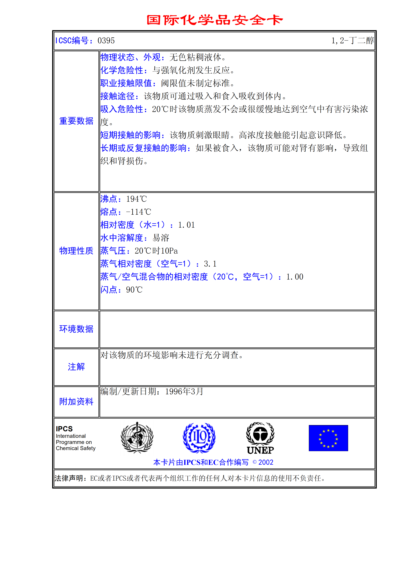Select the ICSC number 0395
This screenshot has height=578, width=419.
[106, 41]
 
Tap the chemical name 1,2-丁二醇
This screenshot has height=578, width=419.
[352, 41]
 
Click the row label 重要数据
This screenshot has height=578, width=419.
[76, 121]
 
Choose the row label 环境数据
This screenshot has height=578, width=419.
[76, 329]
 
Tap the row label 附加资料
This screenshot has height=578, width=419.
[76, 402]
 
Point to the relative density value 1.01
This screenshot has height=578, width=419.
[186, 225]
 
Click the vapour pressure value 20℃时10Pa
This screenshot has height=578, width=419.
[156, 251]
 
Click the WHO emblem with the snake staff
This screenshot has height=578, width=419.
[137, 437]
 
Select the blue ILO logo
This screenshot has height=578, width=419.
[199, 438]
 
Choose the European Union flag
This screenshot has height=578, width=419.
[328, 438]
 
